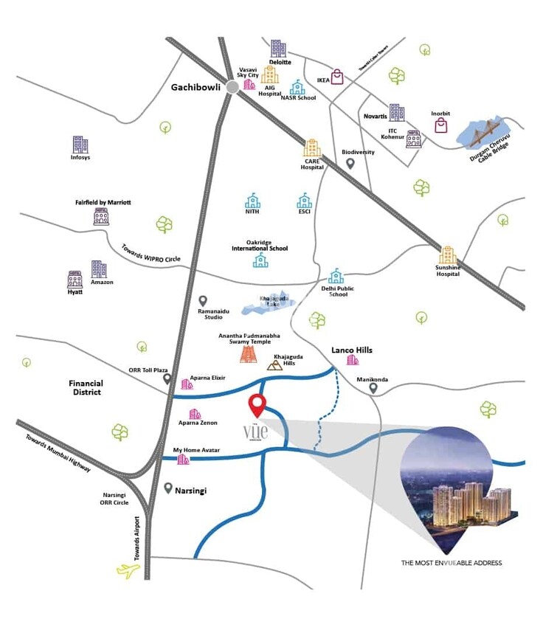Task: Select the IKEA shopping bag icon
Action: tap(338, 76)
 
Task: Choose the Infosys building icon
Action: tap(80, 145)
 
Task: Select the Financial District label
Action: tap(86, 388)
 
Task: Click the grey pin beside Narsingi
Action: tap(168, 488)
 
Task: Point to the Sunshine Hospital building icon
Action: tap(447, 255)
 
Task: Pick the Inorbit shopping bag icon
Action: tap(440, 125)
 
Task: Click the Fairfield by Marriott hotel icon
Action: tap(101, 216)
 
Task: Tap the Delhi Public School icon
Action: tap(336, 276)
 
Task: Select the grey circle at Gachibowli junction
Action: tap(232, 87)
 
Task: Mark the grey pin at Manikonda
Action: tap(374, 390)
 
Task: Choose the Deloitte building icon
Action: tap(277, 49)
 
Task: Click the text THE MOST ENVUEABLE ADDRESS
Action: tap(451, 563)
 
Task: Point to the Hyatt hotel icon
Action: tap(75, 279)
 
